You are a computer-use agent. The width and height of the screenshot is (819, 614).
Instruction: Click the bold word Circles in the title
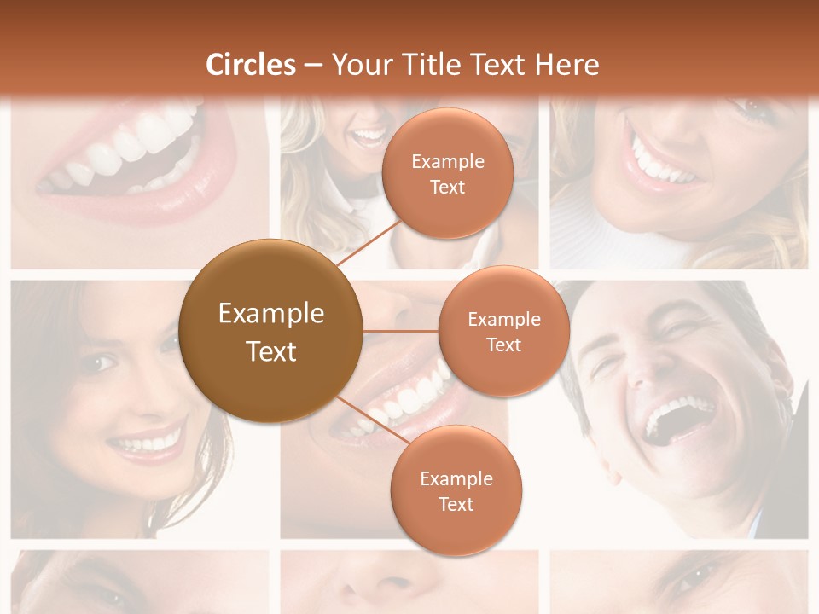click(251, 65)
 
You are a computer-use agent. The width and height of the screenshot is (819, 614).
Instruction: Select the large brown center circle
click(271, 331)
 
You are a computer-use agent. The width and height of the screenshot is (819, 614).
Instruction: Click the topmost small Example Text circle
click(447, 173)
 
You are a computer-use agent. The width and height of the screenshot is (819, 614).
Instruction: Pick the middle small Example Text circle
click(503, 331)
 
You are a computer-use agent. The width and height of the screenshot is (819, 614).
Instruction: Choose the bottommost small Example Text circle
click(456, 490)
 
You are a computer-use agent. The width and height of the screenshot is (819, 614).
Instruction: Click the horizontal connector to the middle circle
click(401, 331)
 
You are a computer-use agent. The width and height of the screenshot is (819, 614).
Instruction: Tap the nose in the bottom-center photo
click(384, 580)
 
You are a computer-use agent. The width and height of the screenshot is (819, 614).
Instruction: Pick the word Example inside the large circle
click(271, 314)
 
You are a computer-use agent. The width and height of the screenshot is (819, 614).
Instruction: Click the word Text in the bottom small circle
click(456, 504)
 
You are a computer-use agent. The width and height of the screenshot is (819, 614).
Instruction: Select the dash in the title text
click(313, 66)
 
